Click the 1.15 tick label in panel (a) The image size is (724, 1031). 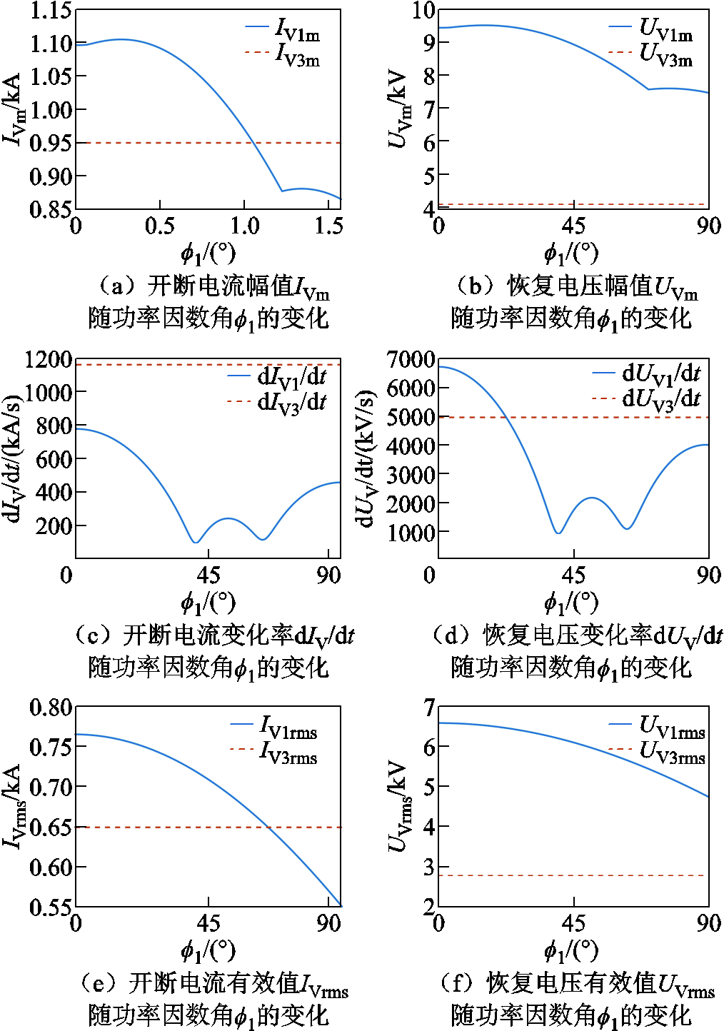[51, 11]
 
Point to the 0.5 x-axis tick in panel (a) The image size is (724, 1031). [159, 226]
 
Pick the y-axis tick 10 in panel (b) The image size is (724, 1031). [423, 10]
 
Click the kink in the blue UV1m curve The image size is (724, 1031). [648, 89]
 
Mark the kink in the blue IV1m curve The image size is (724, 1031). [282, 191]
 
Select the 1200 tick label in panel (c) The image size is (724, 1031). [48, 359]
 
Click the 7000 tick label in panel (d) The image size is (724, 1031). [411, 359]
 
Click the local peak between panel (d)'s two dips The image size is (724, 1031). [592, 498]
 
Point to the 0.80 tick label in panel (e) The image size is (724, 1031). [51, 708]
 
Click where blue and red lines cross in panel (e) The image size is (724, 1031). [268, 827]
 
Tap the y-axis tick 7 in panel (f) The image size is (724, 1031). [429, 708]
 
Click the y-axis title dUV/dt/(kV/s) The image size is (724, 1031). [366, 458]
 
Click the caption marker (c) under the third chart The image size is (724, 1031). [96, 634]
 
